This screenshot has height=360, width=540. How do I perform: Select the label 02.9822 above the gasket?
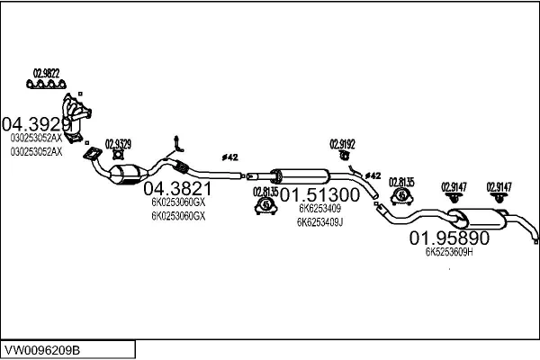[x=47, y=74]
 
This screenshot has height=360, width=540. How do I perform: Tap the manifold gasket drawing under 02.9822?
[x=47, y=86]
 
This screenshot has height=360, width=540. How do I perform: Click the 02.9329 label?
[x=118, y=144]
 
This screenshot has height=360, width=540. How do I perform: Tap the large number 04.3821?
[x=177, y=189]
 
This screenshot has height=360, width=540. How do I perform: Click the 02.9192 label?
[x=342, y=143]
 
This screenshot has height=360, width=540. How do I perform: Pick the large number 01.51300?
[x=319, y=193]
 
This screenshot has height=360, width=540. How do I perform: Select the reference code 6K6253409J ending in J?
[x=320, y=221]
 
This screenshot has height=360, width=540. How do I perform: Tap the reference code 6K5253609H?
[x=449, y=254]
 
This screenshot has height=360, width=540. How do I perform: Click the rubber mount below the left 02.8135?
[x=266, y=208]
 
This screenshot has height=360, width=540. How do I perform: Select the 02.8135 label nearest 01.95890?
[x=401, y=182]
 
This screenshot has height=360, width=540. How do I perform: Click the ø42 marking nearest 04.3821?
[x=229, y=157]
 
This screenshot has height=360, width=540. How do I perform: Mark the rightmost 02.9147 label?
[x=499, y=187]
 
